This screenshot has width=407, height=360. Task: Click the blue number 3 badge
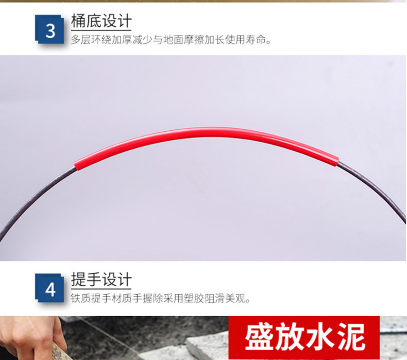(49, 29)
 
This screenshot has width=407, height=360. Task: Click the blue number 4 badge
(49, 288)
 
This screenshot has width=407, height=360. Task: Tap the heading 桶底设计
(101, 21)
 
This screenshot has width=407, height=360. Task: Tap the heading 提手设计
(101, 279)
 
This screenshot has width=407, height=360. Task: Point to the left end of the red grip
(76, 166)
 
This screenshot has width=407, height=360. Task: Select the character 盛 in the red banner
(260, 337)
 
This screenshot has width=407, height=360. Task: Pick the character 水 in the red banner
(320, 337)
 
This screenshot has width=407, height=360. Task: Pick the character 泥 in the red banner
(351, 337)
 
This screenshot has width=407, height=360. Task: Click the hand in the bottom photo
(31, 337)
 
